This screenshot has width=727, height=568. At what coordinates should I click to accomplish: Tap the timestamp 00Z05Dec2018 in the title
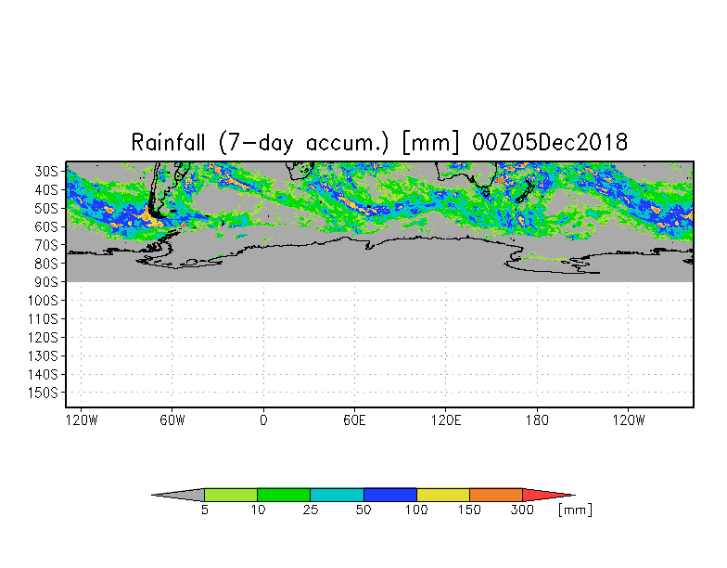(x=550, y=143)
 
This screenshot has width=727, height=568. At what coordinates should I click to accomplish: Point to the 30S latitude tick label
(x=46, y=171)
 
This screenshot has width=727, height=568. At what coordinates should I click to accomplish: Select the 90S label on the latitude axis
(x=46, y=281)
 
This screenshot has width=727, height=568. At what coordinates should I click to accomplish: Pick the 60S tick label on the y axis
(x=46, y=226)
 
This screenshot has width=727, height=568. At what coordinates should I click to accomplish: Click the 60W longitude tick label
(x=172, y=420)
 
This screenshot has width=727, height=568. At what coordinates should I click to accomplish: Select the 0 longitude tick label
(x=263, y=420)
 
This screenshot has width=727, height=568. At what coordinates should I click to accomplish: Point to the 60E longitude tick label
(x=354, y=420)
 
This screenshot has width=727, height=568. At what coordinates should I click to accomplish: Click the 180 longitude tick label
(x=537, y=420)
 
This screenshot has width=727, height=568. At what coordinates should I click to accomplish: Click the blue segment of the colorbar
(x=389, y=495)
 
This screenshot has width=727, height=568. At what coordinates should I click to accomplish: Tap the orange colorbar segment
(x=496, y=495)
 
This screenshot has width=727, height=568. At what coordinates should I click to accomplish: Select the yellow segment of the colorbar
(x=443, y=495)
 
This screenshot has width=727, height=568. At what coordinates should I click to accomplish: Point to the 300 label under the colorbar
(x=523, y=510)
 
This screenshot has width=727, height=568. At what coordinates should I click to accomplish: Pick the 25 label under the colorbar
(x=311, y=510)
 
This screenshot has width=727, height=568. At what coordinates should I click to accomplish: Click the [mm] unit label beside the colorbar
(x=575, y=510)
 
